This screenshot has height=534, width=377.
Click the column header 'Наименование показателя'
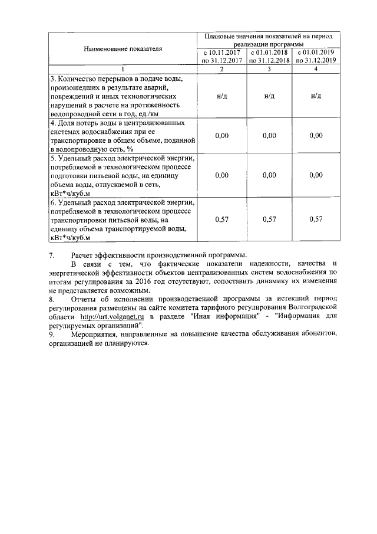tap(123, 48)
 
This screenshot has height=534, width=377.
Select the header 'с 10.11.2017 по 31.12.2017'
tap(221, 57)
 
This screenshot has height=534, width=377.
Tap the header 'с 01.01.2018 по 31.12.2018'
tap(269, 57)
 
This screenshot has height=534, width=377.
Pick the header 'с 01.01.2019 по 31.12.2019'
tap(316, 57)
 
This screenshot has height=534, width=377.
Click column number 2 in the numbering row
tap(221, 70)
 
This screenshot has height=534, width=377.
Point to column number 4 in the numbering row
tap(316, 70)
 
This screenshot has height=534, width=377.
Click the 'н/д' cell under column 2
tap(221, 96)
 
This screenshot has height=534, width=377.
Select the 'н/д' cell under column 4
tap(316, 96)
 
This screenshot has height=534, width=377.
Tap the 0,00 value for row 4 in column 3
tap(269, 135)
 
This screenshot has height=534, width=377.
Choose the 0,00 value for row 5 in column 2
tap(221, 175)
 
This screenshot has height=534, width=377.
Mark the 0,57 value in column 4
tap(316, 220)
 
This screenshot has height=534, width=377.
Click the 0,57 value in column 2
tap(221, 220)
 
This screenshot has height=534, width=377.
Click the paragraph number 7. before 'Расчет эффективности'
tap(52, 255)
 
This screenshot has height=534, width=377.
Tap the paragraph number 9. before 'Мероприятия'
tap(52, 334)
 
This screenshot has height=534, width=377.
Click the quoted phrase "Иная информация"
tap(231, 317)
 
